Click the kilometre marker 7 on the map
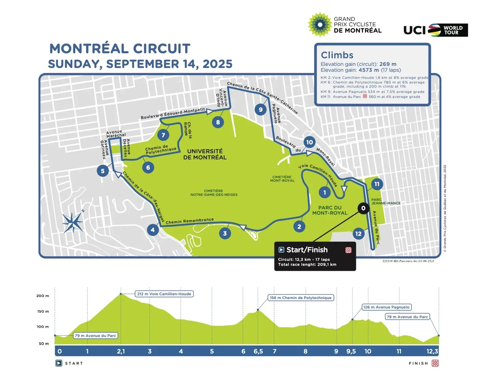coord(163,135)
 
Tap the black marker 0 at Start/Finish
coord(363,208)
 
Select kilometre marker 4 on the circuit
coord(153,230)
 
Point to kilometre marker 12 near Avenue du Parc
coord(359,233)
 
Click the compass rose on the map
coord(73,222)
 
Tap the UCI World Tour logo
coord(435,30)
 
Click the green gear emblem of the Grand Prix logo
coord(320,25)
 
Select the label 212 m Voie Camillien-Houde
coord(164,294)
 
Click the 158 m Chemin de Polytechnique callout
coord(301,298)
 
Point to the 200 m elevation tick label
coord(42,296)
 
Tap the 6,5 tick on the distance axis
coord(258,351)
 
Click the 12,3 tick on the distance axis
coord(432,351)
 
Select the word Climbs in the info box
coord(337,55)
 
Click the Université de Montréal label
coord(205,154)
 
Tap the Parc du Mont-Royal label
coord(330,210)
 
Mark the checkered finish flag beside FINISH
coord(435,363)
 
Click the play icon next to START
coord(59,363)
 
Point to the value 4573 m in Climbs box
coord(369,70)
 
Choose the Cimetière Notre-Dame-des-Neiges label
coord(214,193)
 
